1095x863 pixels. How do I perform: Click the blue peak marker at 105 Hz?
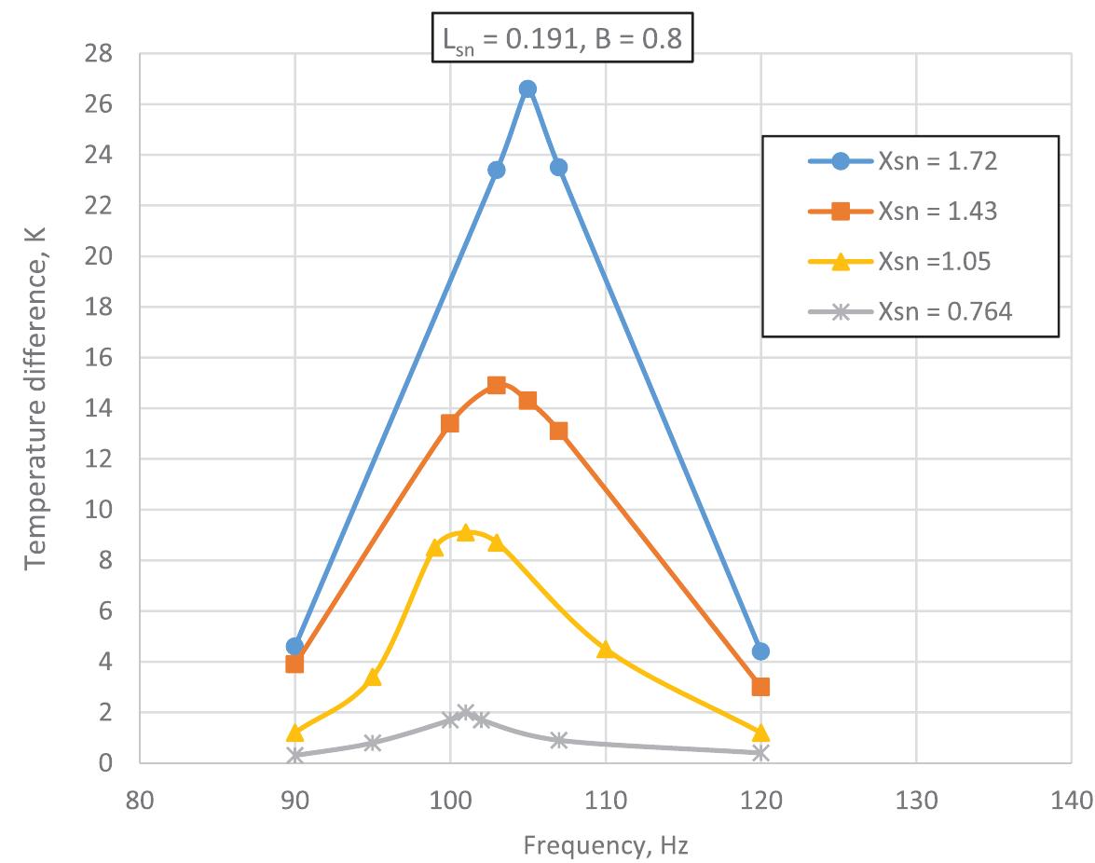point(527,89)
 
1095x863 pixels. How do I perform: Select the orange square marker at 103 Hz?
point(497,385)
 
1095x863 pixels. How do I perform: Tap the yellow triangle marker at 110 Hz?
point(606,649)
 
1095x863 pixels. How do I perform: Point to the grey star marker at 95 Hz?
point(373,743)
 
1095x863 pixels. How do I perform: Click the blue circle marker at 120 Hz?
point(760,651)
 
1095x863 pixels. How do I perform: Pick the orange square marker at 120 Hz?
point(760,687)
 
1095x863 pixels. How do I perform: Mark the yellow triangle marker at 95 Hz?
point(373,677)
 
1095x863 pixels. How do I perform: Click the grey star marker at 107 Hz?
point(559,740)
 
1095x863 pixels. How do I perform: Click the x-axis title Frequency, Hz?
point(606,845)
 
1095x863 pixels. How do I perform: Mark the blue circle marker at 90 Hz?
point(294,647)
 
